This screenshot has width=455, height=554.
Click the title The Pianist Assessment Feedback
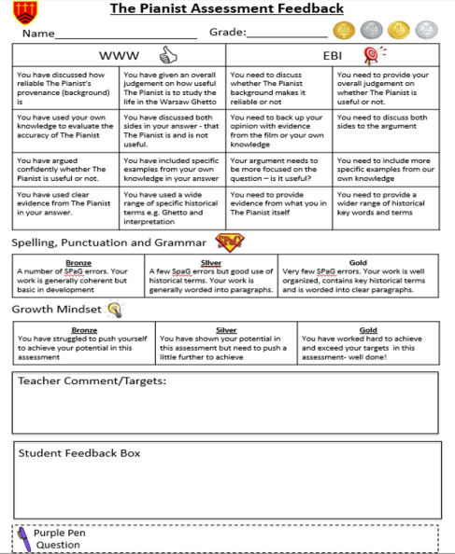coord(227,9)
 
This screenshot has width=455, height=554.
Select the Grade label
coord(227,33)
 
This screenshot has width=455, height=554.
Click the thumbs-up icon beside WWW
coord(168,54)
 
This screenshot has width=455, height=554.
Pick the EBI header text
coord(333,56)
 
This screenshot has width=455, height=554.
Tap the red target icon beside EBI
coord(372,55)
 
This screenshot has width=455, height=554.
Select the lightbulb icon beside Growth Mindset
coord(114,309)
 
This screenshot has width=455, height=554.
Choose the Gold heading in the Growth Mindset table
coord(368,329)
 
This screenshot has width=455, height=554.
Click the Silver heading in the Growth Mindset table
coord(226,329)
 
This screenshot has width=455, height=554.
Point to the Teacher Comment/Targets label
coord(92,381)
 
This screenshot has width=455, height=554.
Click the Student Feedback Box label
coord(78,453)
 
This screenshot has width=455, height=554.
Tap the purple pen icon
coord(21,539)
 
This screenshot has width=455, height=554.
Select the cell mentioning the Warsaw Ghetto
coord(172,85)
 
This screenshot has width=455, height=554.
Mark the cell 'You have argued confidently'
coord(65,167)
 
